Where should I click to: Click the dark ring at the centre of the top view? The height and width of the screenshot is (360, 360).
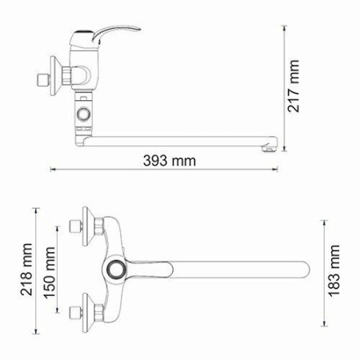(118, 270)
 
